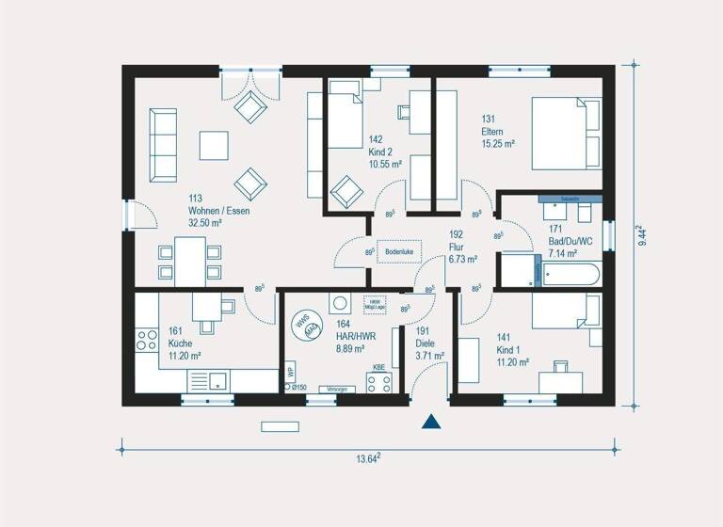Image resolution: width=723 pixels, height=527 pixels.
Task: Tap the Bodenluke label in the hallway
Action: (399, 251)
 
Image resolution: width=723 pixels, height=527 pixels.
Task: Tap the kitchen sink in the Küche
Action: (217, 380)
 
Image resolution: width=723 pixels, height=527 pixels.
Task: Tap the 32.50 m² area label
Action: (204, 223)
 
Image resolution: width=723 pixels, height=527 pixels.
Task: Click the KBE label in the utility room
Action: (378, 367)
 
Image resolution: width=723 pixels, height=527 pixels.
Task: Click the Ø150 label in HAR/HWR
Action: (298, 387)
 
